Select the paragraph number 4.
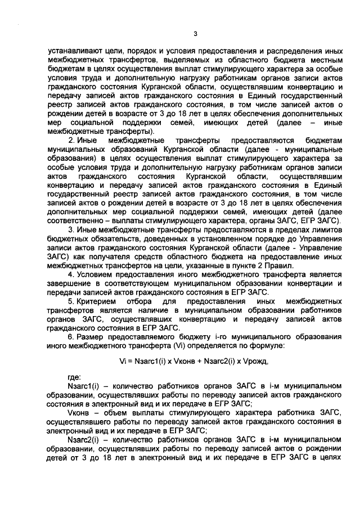[70, 274]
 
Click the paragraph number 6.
[70, 336]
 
